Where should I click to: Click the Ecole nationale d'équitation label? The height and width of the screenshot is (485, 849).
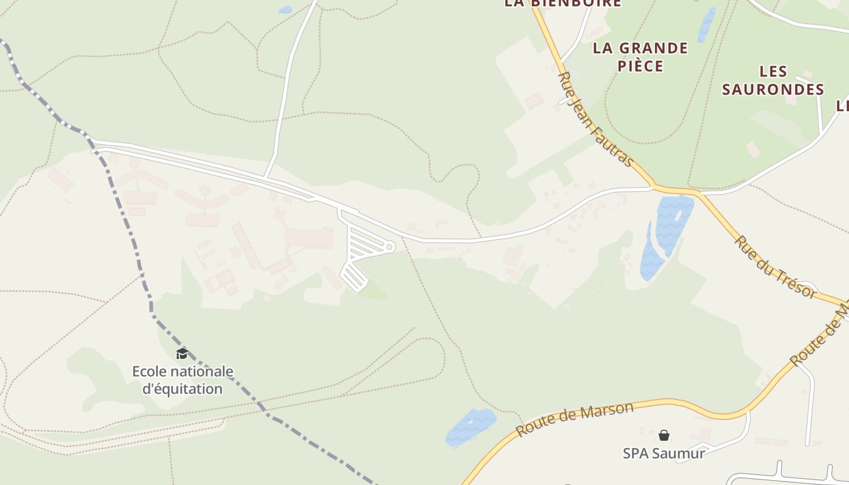tap(183, 380)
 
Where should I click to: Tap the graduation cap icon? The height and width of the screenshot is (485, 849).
tap(181, 353)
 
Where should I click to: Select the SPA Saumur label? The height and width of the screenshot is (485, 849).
tap(663, 453)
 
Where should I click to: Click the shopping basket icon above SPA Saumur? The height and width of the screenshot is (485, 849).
tap(664, 435)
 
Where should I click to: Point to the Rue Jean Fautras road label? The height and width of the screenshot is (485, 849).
tap(595, 119)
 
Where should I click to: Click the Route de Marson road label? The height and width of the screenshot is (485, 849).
tap(574, 418)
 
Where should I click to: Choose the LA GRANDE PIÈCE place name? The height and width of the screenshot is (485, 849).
tap(640, 57)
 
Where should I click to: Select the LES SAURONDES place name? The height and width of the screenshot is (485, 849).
tap(773, 81)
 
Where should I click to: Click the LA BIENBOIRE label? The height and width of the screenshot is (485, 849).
tap(563, 4)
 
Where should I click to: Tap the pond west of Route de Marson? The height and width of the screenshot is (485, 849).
tap(471, 427)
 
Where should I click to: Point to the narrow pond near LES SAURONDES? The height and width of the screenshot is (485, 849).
tap(706, 24)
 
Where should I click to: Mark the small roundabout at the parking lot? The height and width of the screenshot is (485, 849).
tap(389, 247)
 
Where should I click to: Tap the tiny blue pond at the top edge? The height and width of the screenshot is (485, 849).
tap(284, 10)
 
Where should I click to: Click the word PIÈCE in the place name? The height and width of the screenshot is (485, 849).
tap(640, 66)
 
